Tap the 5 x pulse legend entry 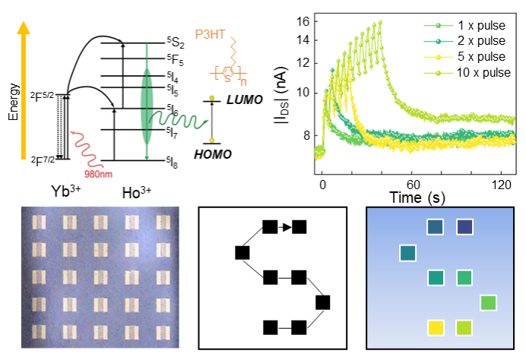click(x=476, y=57)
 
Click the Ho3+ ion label click(x=135, y=193)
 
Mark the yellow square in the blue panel click(x=436, y=327)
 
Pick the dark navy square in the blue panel click(x=464, y=227)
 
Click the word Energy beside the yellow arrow click(x=13, y=103)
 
